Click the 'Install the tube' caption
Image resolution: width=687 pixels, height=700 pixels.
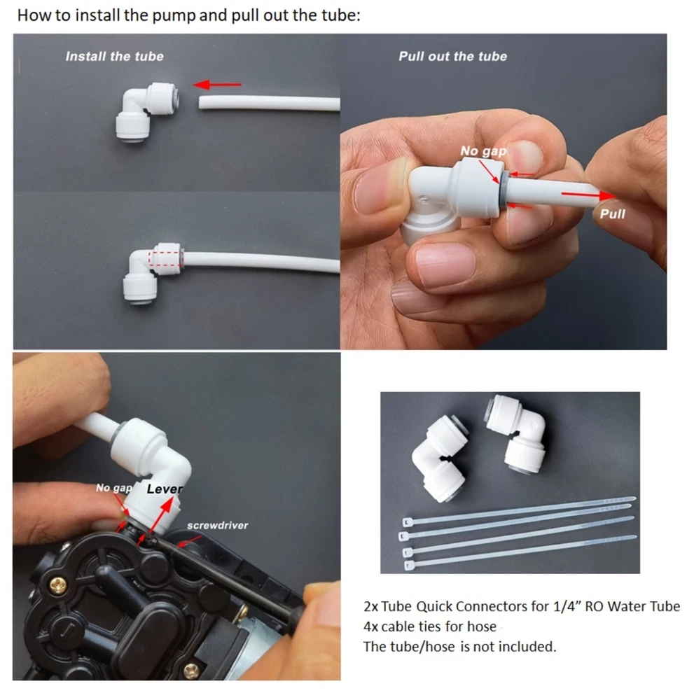tap(114, 56)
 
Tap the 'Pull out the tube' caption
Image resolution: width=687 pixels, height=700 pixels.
tap(452, 56)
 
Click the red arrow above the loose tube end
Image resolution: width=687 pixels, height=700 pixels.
tap(217, 85)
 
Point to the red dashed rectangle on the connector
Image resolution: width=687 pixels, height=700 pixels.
tap(166, 258)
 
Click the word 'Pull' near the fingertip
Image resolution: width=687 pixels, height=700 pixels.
tap(612, 213)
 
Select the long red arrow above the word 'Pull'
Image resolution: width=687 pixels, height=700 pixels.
tap(588, 195)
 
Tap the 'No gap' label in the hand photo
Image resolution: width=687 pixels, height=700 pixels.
tap(483, 151)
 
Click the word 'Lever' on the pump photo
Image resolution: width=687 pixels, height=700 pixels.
tap(165, 489)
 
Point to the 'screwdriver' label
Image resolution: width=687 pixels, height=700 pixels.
tap(218, 526)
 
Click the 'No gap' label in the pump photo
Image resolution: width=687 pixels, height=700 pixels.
tap(114, 488)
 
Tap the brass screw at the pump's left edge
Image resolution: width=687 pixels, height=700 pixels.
tap(57, 584)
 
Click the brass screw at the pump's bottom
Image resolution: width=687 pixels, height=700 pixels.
tap(192, 670)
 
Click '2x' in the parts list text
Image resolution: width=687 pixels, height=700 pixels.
tap(370, 606)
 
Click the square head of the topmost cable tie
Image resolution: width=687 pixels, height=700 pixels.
tap(408, 522)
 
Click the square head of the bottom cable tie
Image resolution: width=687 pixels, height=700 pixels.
tap(409, 566)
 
